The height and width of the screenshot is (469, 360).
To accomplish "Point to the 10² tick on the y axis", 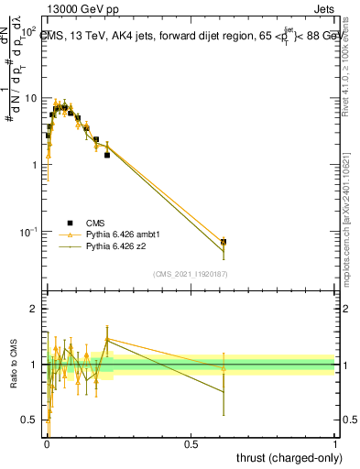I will coord(27,31).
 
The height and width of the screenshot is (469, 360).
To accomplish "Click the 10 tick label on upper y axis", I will coord(31,98).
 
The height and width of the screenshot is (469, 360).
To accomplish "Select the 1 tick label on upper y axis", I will coord(34,165).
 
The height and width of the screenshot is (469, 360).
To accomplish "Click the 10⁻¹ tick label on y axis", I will coord(27,231).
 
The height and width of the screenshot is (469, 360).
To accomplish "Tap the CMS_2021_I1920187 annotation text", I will coord(190,274).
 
